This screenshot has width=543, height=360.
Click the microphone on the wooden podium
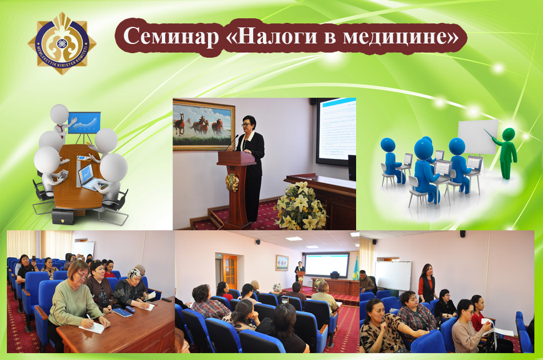pos(231,143)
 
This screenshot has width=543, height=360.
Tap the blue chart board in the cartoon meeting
pos(83,122)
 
